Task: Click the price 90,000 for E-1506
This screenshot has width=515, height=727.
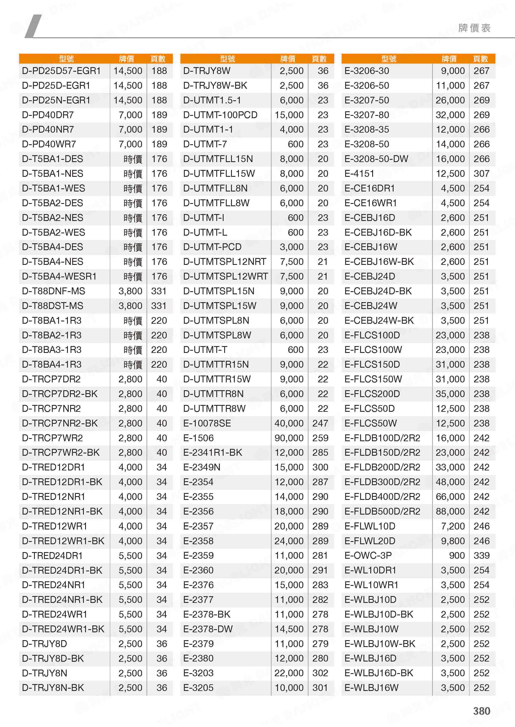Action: point(289,438)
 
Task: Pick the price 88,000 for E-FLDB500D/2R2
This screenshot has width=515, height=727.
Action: point(450,511)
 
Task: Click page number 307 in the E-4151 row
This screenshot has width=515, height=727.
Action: point(481,173)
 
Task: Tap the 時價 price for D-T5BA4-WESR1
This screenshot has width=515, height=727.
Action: point(133,276)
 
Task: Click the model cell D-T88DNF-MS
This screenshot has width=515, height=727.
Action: point(54,291)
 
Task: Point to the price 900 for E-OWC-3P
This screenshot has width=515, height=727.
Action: point(457,555)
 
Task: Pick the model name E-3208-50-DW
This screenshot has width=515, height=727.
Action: point(376,159)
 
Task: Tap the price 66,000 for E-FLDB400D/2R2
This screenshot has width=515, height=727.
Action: point(450,497)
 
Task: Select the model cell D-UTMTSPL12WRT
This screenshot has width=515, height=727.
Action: point(225,276)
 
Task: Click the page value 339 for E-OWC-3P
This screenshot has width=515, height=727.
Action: point(481,555)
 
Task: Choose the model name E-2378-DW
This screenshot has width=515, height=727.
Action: point(208,629)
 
